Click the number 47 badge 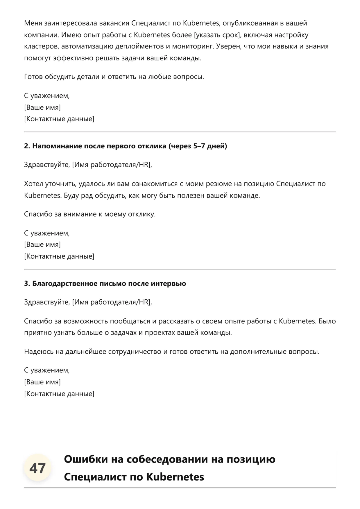point(37,468)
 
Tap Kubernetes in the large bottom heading point(175,477)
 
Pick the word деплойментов point(140,46)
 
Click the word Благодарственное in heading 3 point(65,283)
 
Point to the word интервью point(168,283)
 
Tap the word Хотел point(33,184)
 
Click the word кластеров point(40,46)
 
